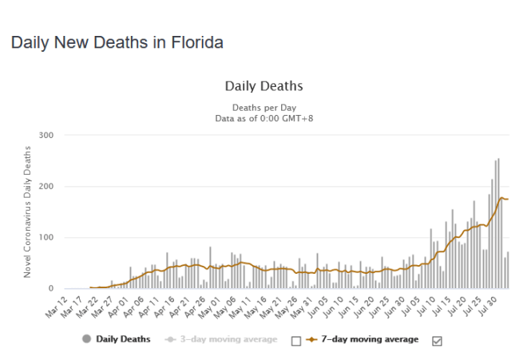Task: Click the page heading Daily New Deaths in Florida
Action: pos(117,42)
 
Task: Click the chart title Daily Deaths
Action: pos(263,85)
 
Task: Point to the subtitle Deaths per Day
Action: pos(263,106)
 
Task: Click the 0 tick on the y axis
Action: pos(49,288)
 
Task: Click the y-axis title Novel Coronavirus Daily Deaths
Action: pos(27,212)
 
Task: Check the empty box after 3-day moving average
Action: pos(296,341)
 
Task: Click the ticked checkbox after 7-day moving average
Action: pos(437,341)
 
